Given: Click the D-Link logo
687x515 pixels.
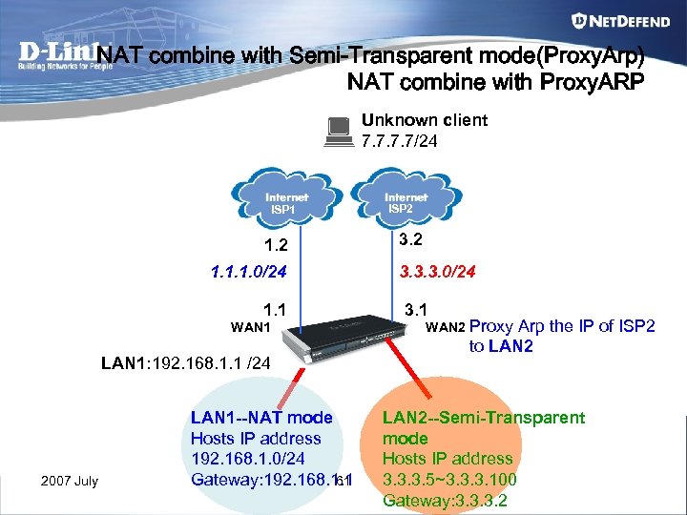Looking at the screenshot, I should click(57, 56).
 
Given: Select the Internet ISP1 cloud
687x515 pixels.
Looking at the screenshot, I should click(282, 201).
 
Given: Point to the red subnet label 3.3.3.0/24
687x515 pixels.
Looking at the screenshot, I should click(436, 271).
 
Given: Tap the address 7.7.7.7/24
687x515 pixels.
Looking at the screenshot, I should click(400, 140).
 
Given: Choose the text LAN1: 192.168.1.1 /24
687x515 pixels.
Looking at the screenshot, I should click(187, 363).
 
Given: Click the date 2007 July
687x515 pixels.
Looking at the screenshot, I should click(69, 480).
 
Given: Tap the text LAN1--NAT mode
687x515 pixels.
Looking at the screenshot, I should click(261, 418).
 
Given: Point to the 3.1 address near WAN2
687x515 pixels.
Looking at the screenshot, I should click(416, 310).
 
